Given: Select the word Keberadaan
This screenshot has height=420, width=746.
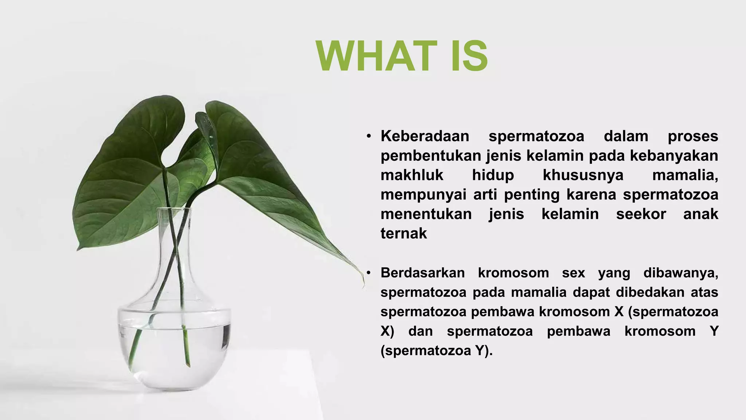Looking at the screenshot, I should [425, 136].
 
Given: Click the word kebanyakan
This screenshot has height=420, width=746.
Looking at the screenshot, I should [674, 156].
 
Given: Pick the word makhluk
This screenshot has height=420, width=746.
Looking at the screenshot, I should [412, 175].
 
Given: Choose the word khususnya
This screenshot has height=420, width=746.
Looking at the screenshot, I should [583, 175].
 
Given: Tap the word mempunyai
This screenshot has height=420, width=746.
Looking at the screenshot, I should [423, 194].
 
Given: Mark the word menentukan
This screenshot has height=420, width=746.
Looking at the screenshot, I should [426, 214].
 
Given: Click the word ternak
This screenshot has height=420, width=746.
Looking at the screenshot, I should [404, 233].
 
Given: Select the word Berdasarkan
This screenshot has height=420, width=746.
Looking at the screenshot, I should [423, 273].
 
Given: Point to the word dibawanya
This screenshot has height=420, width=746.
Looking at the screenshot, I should [680, 273].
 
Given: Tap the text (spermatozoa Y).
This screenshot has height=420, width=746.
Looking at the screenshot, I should [436, 350].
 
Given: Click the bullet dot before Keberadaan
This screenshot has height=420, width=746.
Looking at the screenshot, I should [369, 136].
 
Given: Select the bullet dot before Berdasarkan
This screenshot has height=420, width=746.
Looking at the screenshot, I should [369, 273].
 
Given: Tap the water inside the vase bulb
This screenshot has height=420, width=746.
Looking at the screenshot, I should [174, 350].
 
